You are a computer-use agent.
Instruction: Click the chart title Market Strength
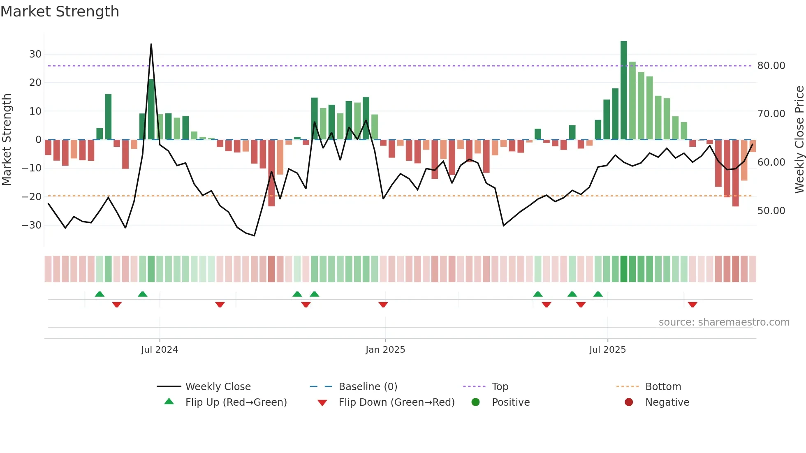(60, 12)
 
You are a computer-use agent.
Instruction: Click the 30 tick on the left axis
(35, 54)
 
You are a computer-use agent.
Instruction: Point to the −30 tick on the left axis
(32, 225)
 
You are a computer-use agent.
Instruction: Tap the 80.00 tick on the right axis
(771, 66)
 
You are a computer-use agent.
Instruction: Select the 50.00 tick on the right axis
(771, 211)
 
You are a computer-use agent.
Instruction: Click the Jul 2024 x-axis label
(160, 350)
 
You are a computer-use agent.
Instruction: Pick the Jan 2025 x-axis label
(385, 350)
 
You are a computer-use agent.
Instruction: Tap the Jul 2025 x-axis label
(607, 350)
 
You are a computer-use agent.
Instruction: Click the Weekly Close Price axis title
(799, 140)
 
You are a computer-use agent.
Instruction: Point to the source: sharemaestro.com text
(724, 322)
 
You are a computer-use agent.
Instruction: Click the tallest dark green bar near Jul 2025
(624, 90)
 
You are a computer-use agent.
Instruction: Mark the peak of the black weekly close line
(151, 44)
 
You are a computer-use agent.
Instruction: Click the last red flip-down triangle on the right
(693, 305)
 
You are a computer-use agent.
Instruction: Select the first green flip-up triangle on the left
(100, 294)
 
